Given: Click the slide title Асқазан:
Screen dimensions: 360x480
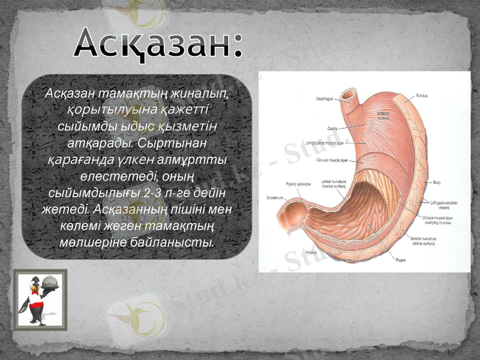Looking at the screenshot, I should (x=159, y=43).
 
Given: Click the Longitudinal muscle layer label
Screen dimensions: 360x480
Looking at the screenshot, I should (x=325, y=144).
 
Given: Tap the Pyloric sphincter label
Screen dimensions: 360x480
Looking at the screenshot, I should (x=298, y=184).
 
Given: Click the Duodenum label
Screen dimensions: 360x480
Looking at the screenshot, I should (x=275, y=198).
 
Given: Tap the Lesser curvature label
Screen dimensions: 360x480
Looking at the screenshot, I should (x=334, y=184).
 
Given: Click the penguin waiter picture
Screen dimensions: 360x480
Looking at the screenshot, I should (x=40, y=298).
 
